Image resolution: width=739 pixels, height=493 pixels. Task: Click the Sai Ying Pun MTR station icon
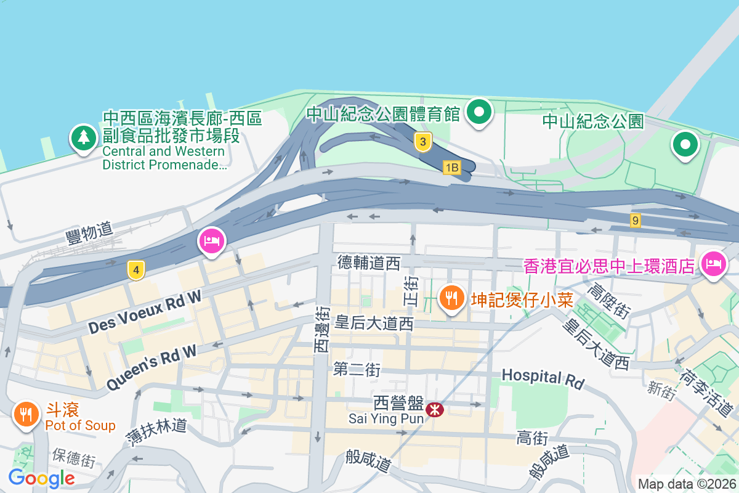click(x=435, y=409)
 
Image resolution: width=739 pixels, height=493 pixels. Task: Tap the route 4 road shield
click(x=136, y=270)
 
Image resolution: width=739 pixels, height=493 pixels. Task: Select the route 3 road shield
click(x=422, y=142)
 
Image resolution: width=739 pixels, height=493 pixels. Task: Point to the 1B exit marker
click(x=452, y=167)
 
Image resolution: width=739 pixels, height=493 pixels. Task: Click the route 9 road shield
click(x=636, y=220)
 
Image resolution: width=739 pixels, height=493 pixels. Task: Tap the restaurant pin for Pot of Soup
click(x=25, y=414)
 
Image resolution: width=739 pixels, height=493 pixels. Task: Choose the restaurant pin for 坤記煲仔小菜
click(x=452, y=298)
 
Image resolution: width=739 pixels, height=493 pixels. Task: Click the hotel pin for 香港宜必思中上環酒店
click(x=714, y=264)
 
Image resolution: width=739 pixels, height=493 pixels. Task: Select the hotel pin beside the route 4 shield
click(x=211, y=240)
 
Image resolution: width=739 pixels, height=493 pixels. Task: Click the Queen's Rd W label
click(x=151, y=367)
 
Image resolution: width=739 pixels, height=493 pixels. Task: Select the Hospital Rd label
click(x=543, y=378)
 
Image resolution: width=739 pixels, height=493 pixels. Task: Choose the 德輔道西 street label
click(x=369, y=263)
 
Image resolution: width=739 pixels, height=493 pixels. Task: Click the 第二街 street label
click(x=357, y=369)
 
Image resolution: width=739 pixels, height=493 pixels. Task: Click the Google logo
click(x=41, y=478)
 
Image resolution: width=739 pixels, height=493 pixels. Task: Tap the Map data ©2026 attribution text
click(x=687, y=484)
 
